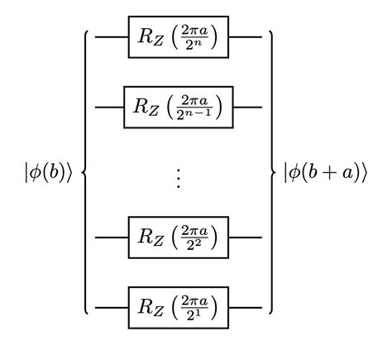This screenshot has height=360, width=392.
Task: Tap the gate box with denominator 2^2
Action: point(178,238)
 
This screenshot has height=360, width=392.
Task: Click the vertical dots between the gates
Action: point(179,177)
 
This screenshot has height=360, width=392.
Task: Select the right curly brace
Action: point(271,172)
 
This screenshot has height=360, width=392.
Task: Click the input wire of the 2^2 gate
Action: point(112,238)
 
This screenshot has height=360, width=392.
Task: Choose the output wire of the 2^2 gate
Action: point(245,238)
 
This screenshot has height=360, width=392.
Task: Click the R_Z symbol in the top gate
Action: point(150,39)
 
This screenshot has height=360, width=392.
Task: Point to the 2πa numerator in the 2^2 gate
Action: point(194,231)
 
